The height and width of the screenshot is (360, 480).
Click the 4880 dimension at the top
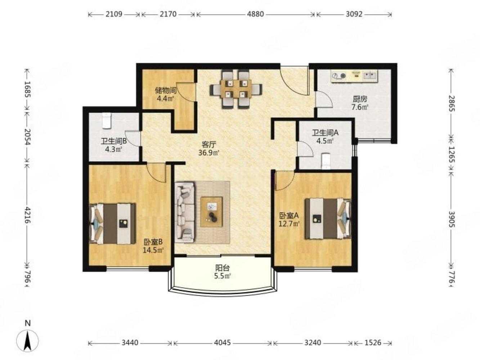(255, 14)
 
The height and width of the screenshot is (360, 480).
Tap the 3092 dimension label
(354, 14)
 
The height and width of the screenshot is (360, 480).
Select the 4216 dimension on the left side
(28, 215)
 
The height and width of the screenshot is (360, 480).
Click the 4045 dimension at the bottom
(222, 342)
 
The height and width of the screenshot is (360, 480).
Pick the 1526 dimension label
(373, 342)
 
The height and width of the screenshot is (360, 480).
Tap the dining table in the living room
(236, 89)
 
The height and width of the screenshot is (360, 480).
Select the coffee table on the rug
(211, 212)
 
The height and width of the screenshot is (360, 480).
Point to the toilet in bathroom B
(107, 121)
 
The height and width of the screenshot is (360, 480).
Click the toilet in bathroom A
(326, 161)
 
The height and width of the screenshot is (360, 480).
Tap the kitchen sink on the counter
(370, 76)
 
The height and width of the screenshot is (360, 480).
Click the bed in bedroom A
(328, 219)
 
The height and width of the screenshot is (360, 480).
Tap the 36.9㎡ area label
(209, 153)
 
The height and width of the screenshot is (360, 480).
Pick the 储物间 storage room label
(166, 90)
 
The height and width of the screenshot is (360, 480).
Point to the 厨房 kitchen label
(360, 99)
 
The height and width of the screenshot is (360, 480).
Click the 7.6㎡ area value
(360, 107)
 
